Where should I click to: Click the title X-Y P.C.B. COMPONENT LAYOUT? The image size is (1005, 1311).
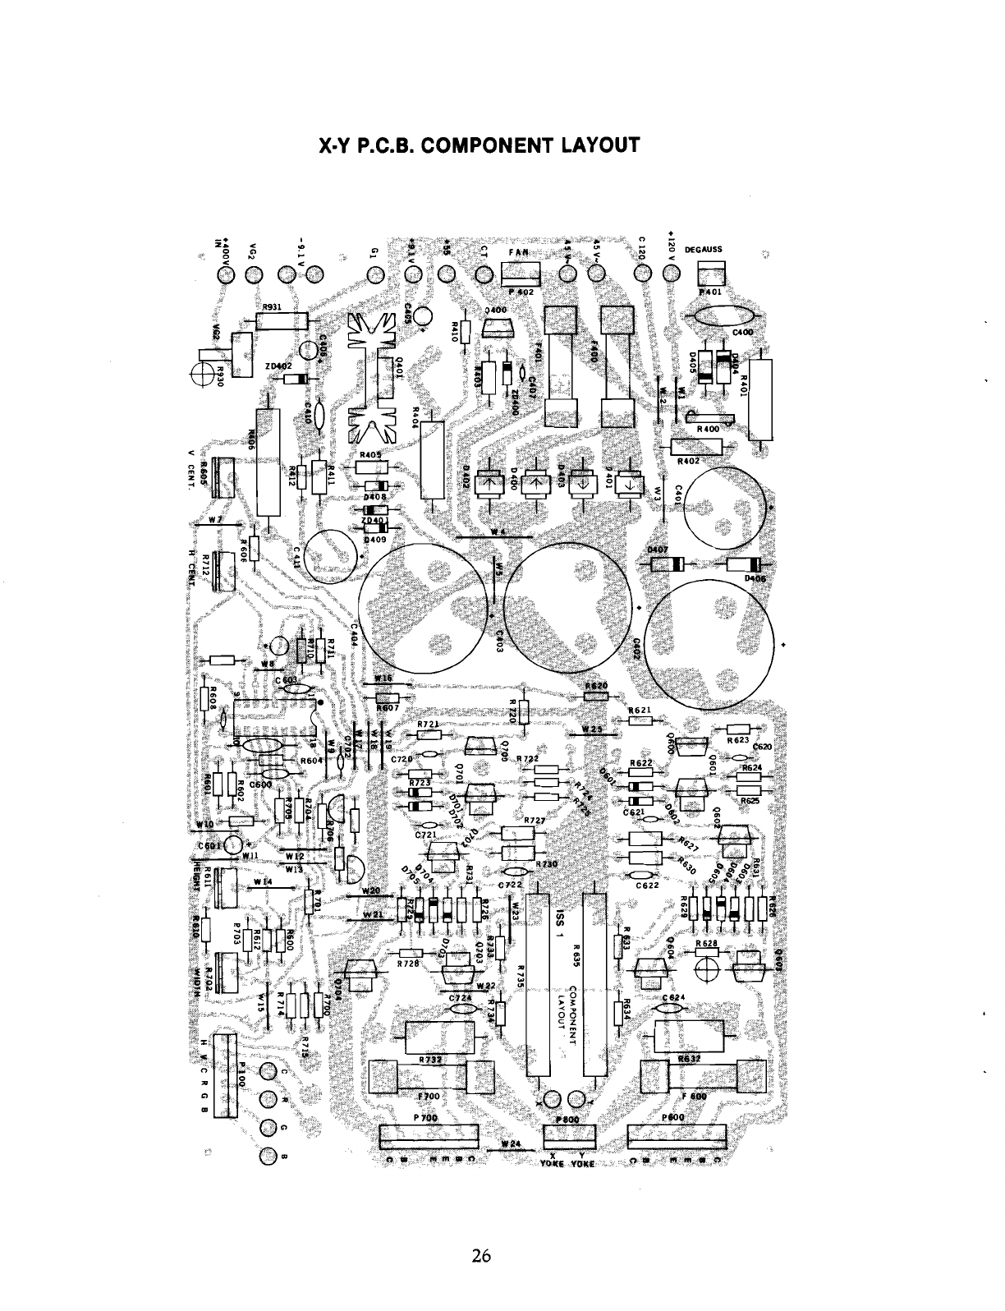478,146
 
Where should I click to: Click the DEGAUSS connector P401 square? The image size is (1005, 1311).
711,274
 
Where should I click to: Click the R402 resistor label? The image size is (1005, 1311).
688,462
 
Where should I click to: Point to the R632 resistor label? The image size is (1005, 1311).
688,1060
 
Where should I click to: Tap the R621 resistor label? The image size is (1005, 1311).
640,710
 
